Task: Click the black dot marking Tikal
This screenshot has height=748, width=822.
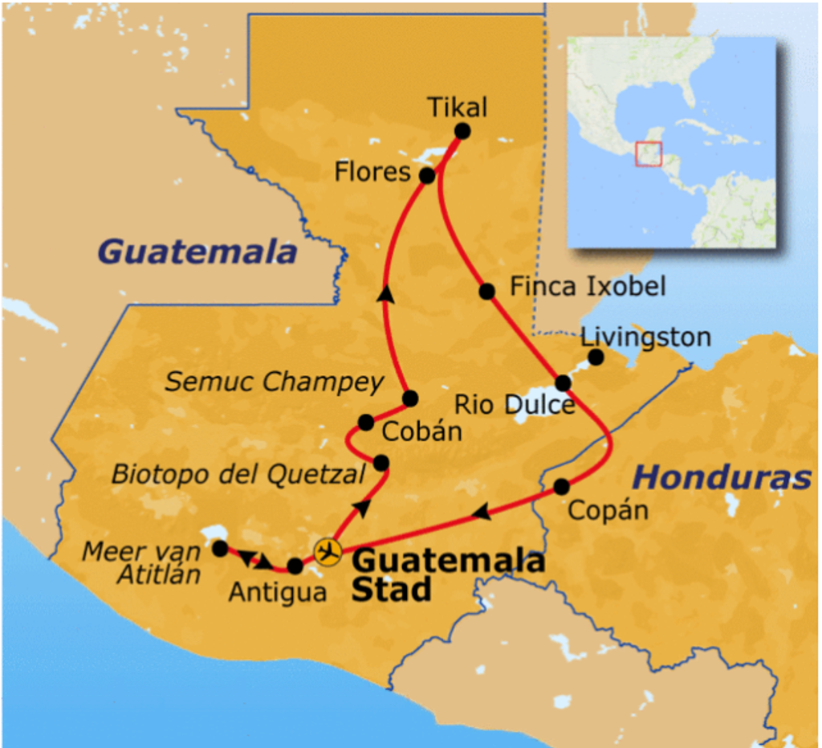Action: tap(462, 131)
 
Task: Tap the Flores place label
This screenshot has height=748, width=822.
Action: tap(372, 172)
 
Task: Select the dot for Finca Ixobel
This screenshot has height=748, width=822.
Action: tap(486, 291)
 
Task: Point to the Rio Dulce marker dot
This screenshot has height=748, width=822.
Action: tap(564, 382)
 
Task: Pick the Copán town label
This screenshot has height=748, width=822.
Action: tap(607, 510)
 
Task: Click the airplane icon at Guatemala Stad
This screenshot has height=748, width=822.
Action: tap(328, 551)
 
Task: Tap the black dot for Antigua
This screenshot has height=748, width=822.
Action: tap(295, 566)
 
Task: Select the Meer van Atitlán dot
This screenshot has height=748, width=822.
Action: tap(219, 548)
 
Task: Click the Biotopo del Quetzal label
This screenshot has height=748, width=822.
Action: tap(238, 474)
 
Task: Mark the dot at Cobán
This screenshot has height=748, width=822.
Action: tap(366, 422)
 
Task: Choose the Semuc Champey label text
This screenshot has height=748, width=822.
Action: tap(275, 382)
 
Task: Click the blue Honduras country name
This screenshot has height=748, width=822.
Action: tap(722, 478)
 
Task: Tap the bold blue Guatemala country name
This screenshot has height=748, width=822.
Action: tap(197, 252)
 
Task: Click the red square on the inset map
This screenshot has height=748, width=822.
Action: tap(648, 154)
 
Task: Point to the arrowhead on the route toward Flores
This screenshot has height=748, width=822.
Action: tap(387, 294)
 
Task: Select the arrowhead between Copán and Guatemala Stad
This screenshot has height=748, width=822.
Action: tap(481, 512)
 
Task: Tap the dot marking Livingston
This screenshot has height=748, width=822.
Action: tap(596, 357)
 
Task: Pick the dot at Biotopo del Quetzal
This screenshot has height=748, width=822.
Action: tap(381, 463)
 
